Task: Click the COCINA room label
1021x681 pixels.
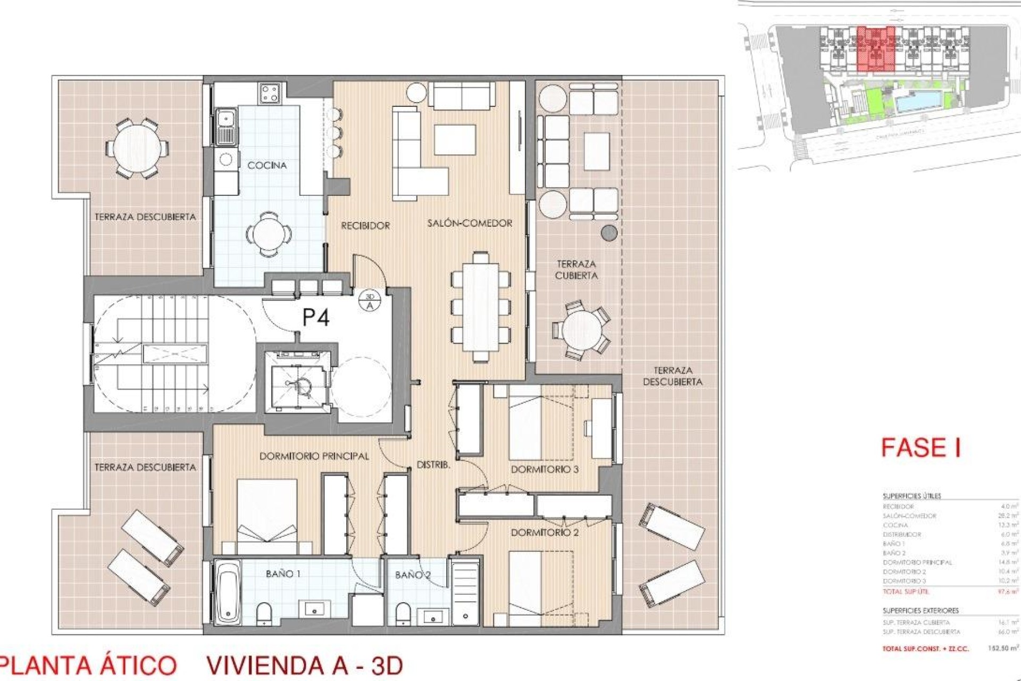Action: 267,165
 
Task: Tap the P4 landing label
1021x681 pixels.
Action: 316,318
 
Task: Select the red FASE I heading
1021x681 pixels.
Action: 920,447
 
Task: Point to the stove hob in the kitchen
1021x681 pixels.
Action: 270,94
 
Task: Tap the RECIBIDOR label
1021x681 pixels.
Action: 365,226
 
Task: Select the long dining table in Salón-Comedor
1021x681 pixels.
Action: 481,308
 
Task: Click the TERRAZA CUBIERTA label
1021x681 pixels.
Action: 576,270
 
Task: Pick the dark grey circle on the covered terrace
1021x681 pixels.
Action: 609,232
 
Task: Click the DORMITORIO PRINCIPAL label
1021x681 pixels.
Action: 314,456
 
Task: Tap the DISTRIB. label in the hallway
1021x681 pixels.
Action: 433,465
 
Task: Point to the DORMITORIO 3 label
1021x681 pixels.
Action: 545,469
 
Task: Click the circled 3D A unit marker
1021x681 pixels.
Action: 370,301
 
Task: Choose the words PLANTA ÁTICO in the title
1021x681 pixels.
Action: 88,666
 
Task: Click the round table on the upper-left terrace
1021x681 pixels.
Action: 136,147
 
